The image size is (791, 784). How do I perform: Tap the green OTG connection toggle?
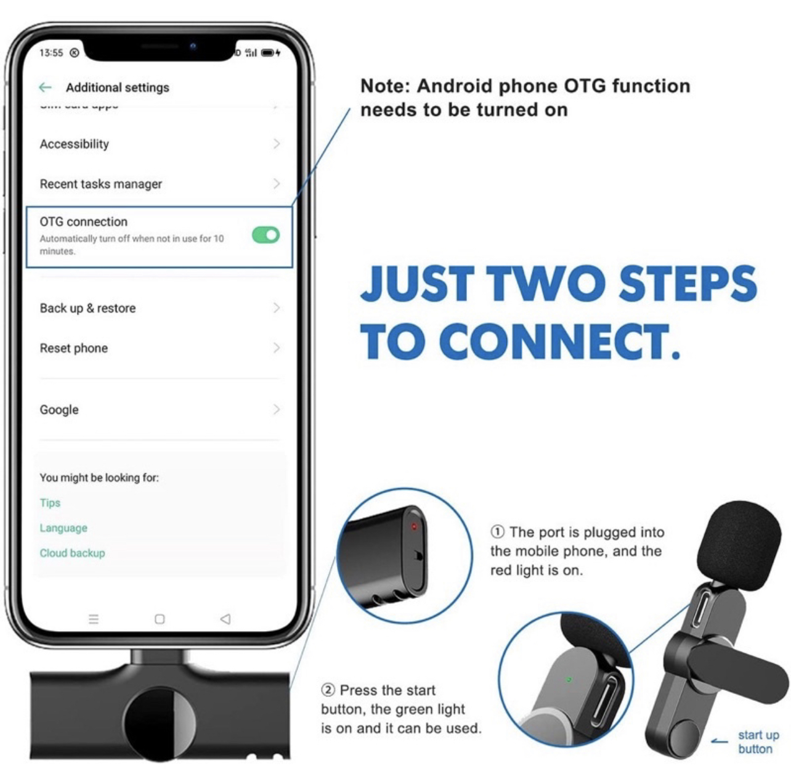point(266,235)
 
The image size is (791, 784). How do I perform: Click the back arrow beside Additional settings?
point(45,87)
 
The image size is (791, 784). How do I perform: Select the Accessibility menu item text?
point(75,144)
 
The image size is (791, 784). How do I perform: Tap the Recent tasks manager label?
point(100,184)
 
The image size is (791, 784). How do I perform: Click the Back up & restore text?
point(87,308)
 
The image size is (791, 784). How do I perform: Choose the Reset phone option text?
point(74,348)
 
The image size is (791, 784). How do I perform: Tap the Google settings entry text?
point(59,409)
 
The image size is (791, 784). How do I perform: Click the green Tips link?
point(50,503)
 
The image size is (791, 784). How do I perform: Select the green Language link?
point(63,528)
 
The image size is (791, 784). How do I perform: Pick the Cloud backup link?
point(72,553)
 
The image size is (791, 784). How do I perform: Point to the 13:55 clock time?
point(51,52)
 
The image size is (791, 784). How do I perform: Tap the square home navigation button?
point(160,619)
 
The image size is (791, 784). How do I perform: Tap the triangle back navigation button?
point(225,619)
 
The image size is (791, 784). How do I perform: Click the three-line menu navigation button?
point(94,619)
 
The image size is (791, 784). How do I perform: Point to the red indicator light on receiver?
point(414,526)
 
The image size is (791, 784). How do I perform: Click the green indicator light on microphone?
point(569,680)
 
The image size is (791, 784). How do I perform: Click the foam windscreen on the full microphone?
point(739,545)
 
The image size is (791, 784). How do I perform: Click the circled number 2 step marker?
point(328,690)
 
